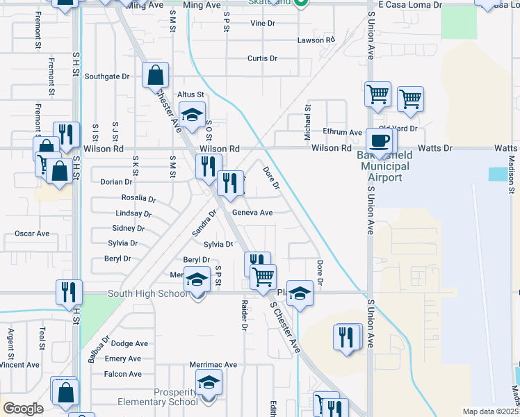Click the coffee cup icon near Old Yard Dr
[380, 141]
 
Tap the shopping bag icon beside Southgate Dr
[156, 74]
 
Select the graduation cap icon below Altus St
[192, 114]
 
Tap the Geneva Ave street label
[252, 213]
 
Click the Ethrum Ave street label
[342, 132]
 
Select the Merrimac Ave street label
[213, 364]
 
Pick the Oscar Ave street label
[32, 234]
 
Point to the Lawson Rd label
[310, 40]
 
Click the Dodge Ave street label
[129, 343]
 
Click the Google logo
[23, 409]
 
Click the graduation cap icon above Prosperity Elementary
[208, 382]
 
